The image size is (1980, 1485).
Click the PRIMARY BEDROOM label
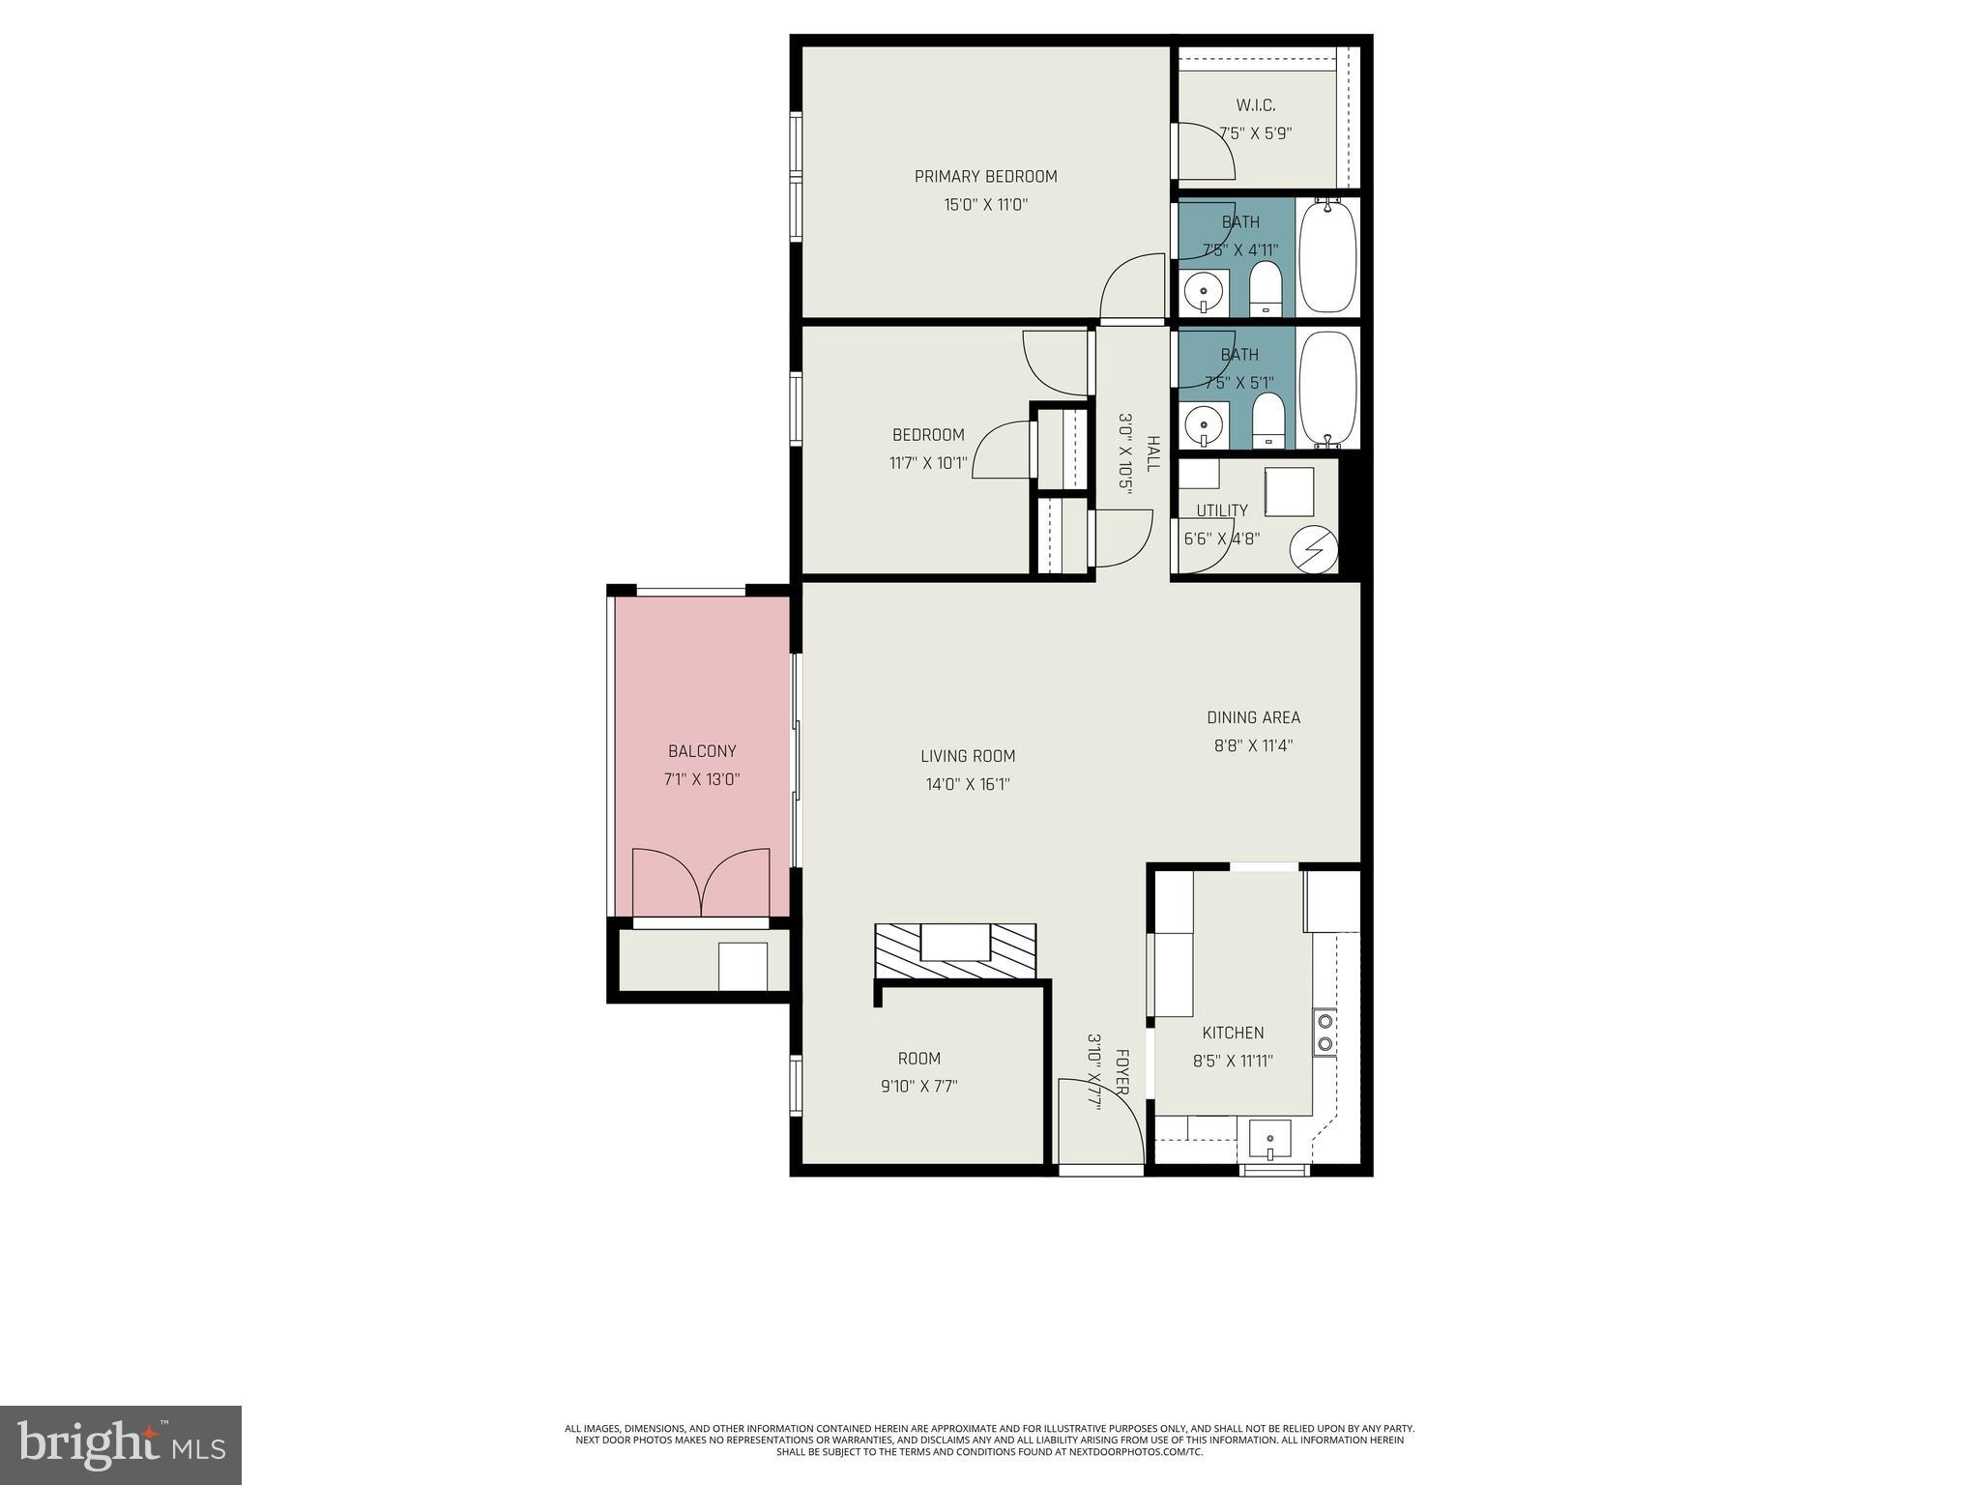985,176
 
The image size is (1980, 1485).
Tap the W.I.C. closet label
1255,105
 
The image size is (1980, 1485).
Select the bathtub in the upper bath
1326,255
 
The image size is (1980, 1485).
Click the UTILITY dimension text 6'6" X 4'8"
1221,539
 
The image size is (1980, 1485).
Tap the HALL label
1152,453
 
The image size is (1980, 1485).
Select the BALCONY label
702,751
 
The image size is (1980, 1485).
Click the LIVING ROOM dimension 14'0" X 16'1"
968,784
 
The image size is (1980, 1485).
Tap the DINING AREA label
1253,717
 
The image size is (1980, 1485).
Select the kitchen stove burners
1325,1032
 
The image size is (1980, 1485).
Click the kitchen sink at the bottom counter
1268,1138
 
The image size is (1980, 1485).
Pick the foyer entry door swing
1100,1121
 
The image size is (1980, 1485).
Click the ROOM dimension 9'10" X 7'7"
918,1086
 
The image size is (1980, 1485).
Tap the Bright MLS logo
121,1444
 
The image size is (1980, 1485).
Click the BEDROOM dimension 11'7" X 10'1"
927,463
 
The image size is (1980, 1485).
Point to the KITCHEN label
1233,1033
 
